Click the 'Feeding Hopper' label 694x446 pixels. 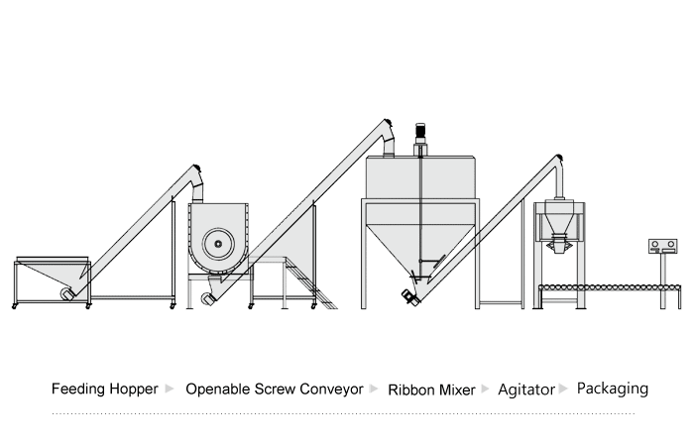click(104, 390)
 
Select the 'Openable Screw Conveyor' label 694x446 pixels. click(274, 390)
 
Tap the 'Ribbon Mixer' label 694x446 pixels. click(431, 390)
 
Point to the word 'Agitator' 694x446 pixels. click(526, 390)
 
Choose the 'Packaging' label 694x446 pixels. click(612, 389)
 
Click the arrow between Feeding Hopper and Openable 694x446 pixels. click(171, 389)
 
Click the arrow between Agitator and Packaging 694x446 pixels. click(565, 389)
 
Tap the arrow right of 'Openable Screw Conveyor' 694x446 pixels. click(374, 389)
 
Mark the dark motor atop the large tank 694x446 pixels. click(419, 131)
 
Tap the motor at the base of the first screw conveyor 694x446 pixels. click(68, 293)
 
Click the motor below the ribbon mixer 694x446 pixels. click(207, 298)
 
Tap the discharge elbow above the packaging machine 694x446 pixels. click(558, 169)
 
